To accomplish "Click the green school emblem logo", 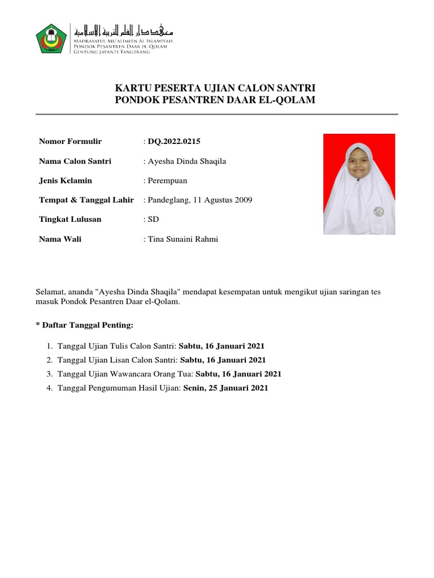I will pyautogui.click(x=51, y=38).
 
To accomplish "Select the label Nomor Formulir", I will pyautogui.click(x=70, y=142).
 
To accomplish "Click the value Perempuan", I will pyautogui.click(x=167, y=181).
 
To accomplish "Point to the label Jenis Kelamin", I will pyautogui.click(x=65, y=181).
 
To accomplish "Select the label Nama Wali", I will pyautogui.click(x=60, y=239).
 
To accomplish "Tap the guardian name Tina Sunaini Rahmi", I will pyautogui.click(x=183, y=239).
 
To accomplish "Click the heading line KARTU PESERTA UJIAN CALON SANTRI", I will pyautogui.click(x=215, y=88).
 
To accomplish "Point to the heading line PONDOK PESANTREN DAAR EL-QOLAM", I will pyautogui.click(x=215, y=100).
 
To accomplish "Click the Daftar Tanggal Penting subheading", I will pyautogui.click(x=85, y=326).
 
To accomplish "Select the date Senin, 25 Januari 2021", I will pyautogui.click(x=225, y=388).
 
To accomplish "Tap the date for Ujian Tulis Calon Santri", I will pyautogui.click(x=222, y=346).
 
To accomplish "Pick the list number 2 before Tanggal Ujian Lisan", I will pyautogui.click(x=50, y=360).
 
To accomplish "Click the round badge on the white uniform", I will pyautogui.click(x=379, y=212).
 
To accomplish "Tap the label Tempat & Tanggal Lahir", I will pyautogui.click(x=86, y=200).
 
